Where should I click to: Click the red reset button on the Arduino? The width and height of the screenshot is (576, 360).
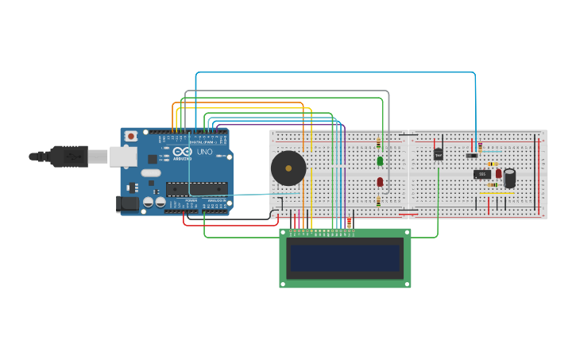(131, 137)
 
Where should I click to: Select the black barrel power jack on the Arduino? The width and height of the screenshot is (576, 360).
(127, 204)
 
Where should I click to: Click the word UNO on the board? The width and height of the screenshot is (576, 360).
(204, 152)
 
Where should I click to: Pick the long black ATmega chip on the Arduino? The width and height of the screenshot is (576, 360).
(196, 189)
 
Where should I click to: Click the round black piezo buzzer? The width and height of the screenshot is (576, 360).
(288, 168)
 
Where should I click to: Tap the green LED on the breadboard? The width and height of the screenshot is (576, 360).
(380, 161)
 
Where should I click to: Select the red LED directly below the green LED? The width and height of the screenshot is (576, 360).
(380, 182)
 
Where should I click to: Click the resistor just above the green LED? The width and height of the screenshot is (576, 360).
(378, 144)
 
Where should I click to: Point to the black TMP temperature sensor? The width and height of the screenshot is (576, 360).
(438, 154)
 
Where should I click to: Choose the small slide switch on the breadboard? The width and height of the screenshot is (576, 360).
(472, 155)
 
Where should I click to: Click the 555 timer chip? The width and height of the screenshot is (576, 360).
(482, 174)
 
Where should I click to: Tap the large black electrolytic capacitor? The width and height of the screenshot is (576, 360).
(509, 178)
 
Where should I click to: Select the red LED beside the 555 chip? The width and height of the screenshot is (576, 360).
(499, 173)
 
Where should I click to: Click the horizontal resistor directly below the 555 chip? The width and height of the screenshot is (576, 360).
(493, 185)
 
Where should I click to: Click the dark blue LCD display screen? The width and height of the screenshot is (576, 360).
(345, 258)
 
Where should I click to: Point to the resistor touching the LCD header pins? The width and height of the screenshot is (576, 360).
(349, 223)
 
